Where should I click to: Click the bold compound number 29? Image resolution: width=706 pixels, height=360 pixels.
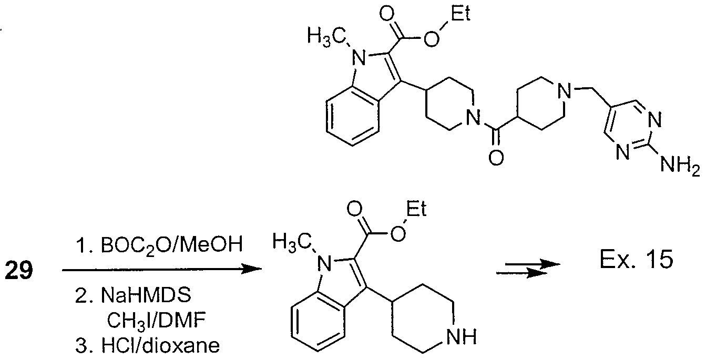click(18, 270)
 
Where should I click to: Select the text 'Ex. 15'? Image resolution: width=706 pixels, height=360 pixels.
click(636, 259)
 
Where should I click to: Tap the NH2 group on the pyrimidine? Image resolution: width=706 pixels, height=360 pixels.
click(680, 165)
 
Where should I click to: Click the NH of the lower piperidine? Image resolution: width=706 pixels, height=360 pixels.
click(462, 336)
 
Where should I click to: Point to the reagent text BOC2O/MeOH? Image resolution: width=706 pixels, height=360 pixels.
click(172, 245)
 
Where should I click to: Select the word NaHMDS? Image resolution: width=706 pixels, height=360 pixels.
click(146, 295)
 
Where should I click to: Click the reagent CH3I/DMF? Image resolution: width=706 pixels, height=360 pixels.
click(156, 320)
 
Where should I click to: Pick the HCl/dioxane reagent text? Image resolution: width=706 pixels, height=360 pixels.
click(160, 345)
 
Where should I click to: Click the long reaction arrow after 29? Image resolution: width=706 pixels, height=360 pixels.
click(162, 269)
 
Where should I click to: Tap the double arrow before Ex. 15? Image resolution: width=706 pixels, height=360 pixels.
click(528, 269)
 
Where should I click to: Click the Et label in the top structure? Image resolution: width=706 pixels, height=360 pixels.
click(460, 14)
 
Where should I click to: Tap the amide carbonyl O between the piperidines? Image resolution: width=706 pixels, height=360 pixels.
click(496, 158)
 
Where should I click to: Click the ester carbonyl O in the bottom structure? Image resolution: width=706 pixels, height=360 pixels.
click(354, 209)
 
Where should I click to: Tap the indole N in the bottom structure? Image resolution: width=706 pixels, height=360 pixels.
click(324, 263)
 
